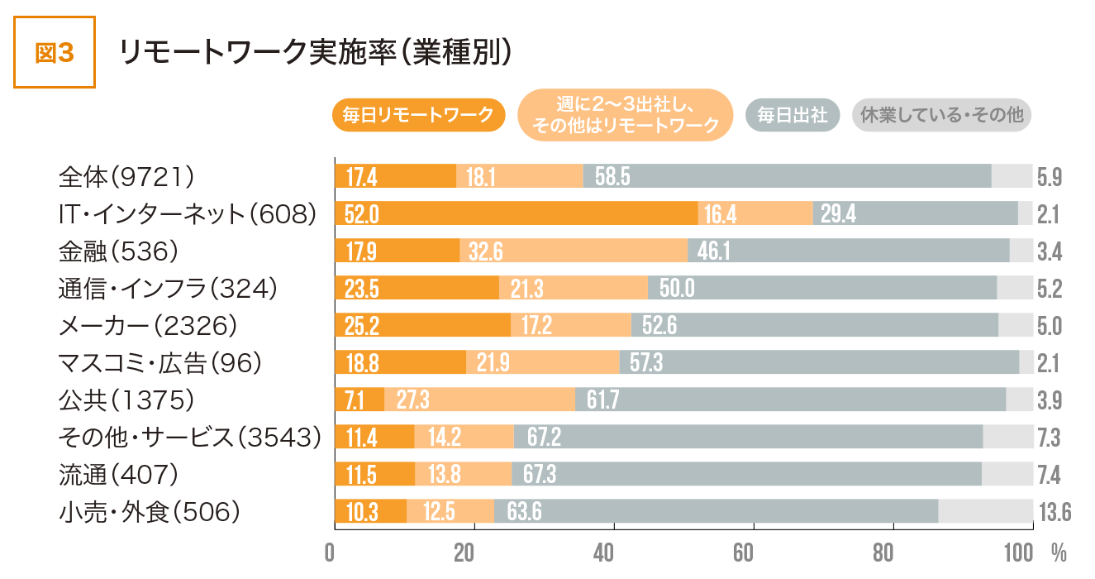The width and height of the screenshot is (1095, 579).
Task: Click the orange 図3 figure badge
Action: (x=55, y=52)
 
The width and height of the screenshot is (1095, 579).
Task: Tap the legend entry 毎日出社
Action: (x=793, y=116)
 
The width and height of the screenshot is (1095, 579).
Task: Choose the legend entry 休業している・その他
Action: (x=941, y=116)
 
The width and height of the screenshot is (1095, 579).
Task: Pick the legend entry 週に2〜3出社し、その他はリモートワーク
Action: (x=626, y=116)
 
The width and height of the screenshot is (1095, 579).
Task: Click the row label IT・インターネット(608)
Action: (x=188, y=213)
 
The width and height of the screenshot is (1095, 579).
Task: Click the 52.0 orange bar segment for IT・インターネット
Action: (x=516, y=213)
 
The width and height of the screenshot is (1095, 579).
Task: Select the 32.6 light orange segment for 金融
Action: (x=573, y=251)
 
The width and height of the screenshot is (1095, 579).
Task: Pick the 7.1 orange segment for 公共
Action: (x=359, y=400)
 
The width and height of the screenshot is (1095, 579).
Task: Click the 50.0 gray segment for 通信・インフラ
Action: (x=821, y=288)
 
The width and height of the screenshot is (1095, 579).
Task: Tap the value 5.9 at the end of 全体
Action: (x=1050, y=177)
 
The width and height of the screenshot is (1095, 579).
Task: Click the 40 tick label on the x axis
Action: (x=613, y=553)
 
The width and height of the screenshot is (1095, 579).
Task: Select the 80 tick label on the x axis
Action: (x=893, y=553)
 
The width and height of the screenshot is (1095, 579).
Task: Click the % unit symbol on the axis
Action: (x=1059, y=552)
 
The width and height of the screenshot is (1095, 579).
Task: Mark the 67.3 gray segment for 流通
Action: (x=746, y=474)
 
